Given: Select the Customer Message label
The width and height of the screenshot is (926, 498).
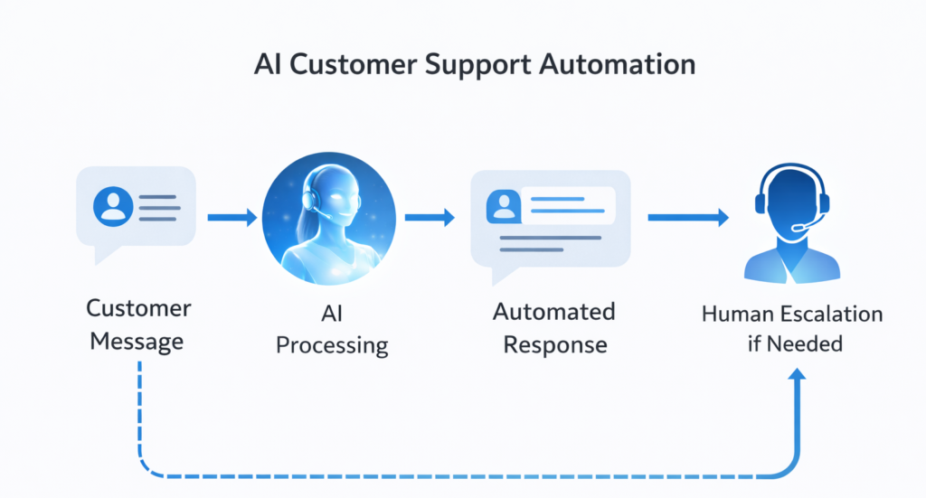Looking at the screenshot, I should coord(138,324).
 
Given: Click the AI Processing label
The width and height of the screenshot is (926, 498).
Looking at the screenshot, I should coord(332,329).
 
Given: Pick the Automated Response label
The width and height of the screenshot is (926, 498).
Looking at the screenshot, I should coord(554,328).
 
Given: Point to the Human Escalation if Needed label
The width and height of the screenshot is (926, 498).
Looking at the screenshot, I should coord(792,328).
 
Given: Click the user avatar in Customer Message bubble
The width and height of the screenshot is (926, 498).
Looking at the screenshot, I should coord(113,205).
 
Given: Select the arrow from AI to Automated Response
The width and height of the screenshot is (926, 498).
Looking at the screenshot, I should coord(429,217).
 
